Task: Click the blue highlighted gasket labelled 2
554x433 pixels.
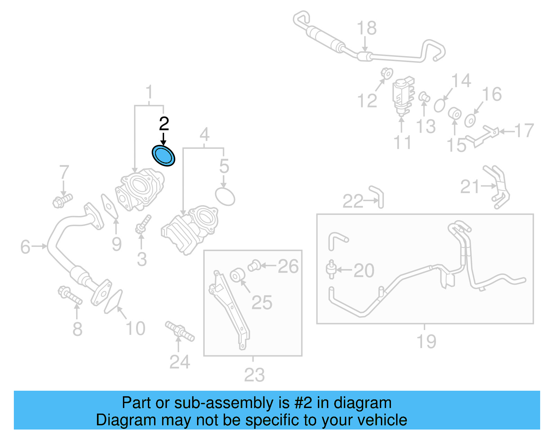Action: click(x=164, y=156)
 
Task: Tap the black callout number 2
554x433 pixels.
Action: click(x=164, y=124)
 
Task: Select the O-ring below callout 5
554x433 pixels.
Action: click(x=225, y=197)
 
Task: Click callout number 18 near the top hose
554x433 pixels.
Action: click(x=366, y=28)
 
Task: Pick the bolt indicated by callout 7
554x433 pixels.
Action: click(x=62, y=201)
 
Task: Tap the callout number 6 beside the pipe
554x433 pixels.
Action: click(x=25, y=247)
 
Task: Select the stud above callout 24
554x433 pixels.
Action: click(x=180, y=331)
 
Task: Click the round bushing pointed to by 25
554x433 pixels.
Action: click(x=238, y=275)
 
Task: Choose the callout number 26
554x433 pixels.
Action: click(x=288, y=267)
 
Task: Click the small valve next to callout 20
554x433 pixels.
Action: click(x=331, y=269)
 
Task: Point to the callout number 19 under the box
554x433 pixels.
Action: click(x=426, y=341)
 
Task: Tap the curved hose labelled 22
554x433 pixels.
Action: click(x=377, y=196)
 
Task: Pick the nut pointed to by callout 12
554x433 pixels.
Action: click(x=387, y=74)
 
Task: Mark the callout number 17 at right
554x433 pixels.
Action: click(x=524, y=131)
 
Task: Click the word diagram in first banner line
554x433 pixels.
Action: click(x=363, y=403)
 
